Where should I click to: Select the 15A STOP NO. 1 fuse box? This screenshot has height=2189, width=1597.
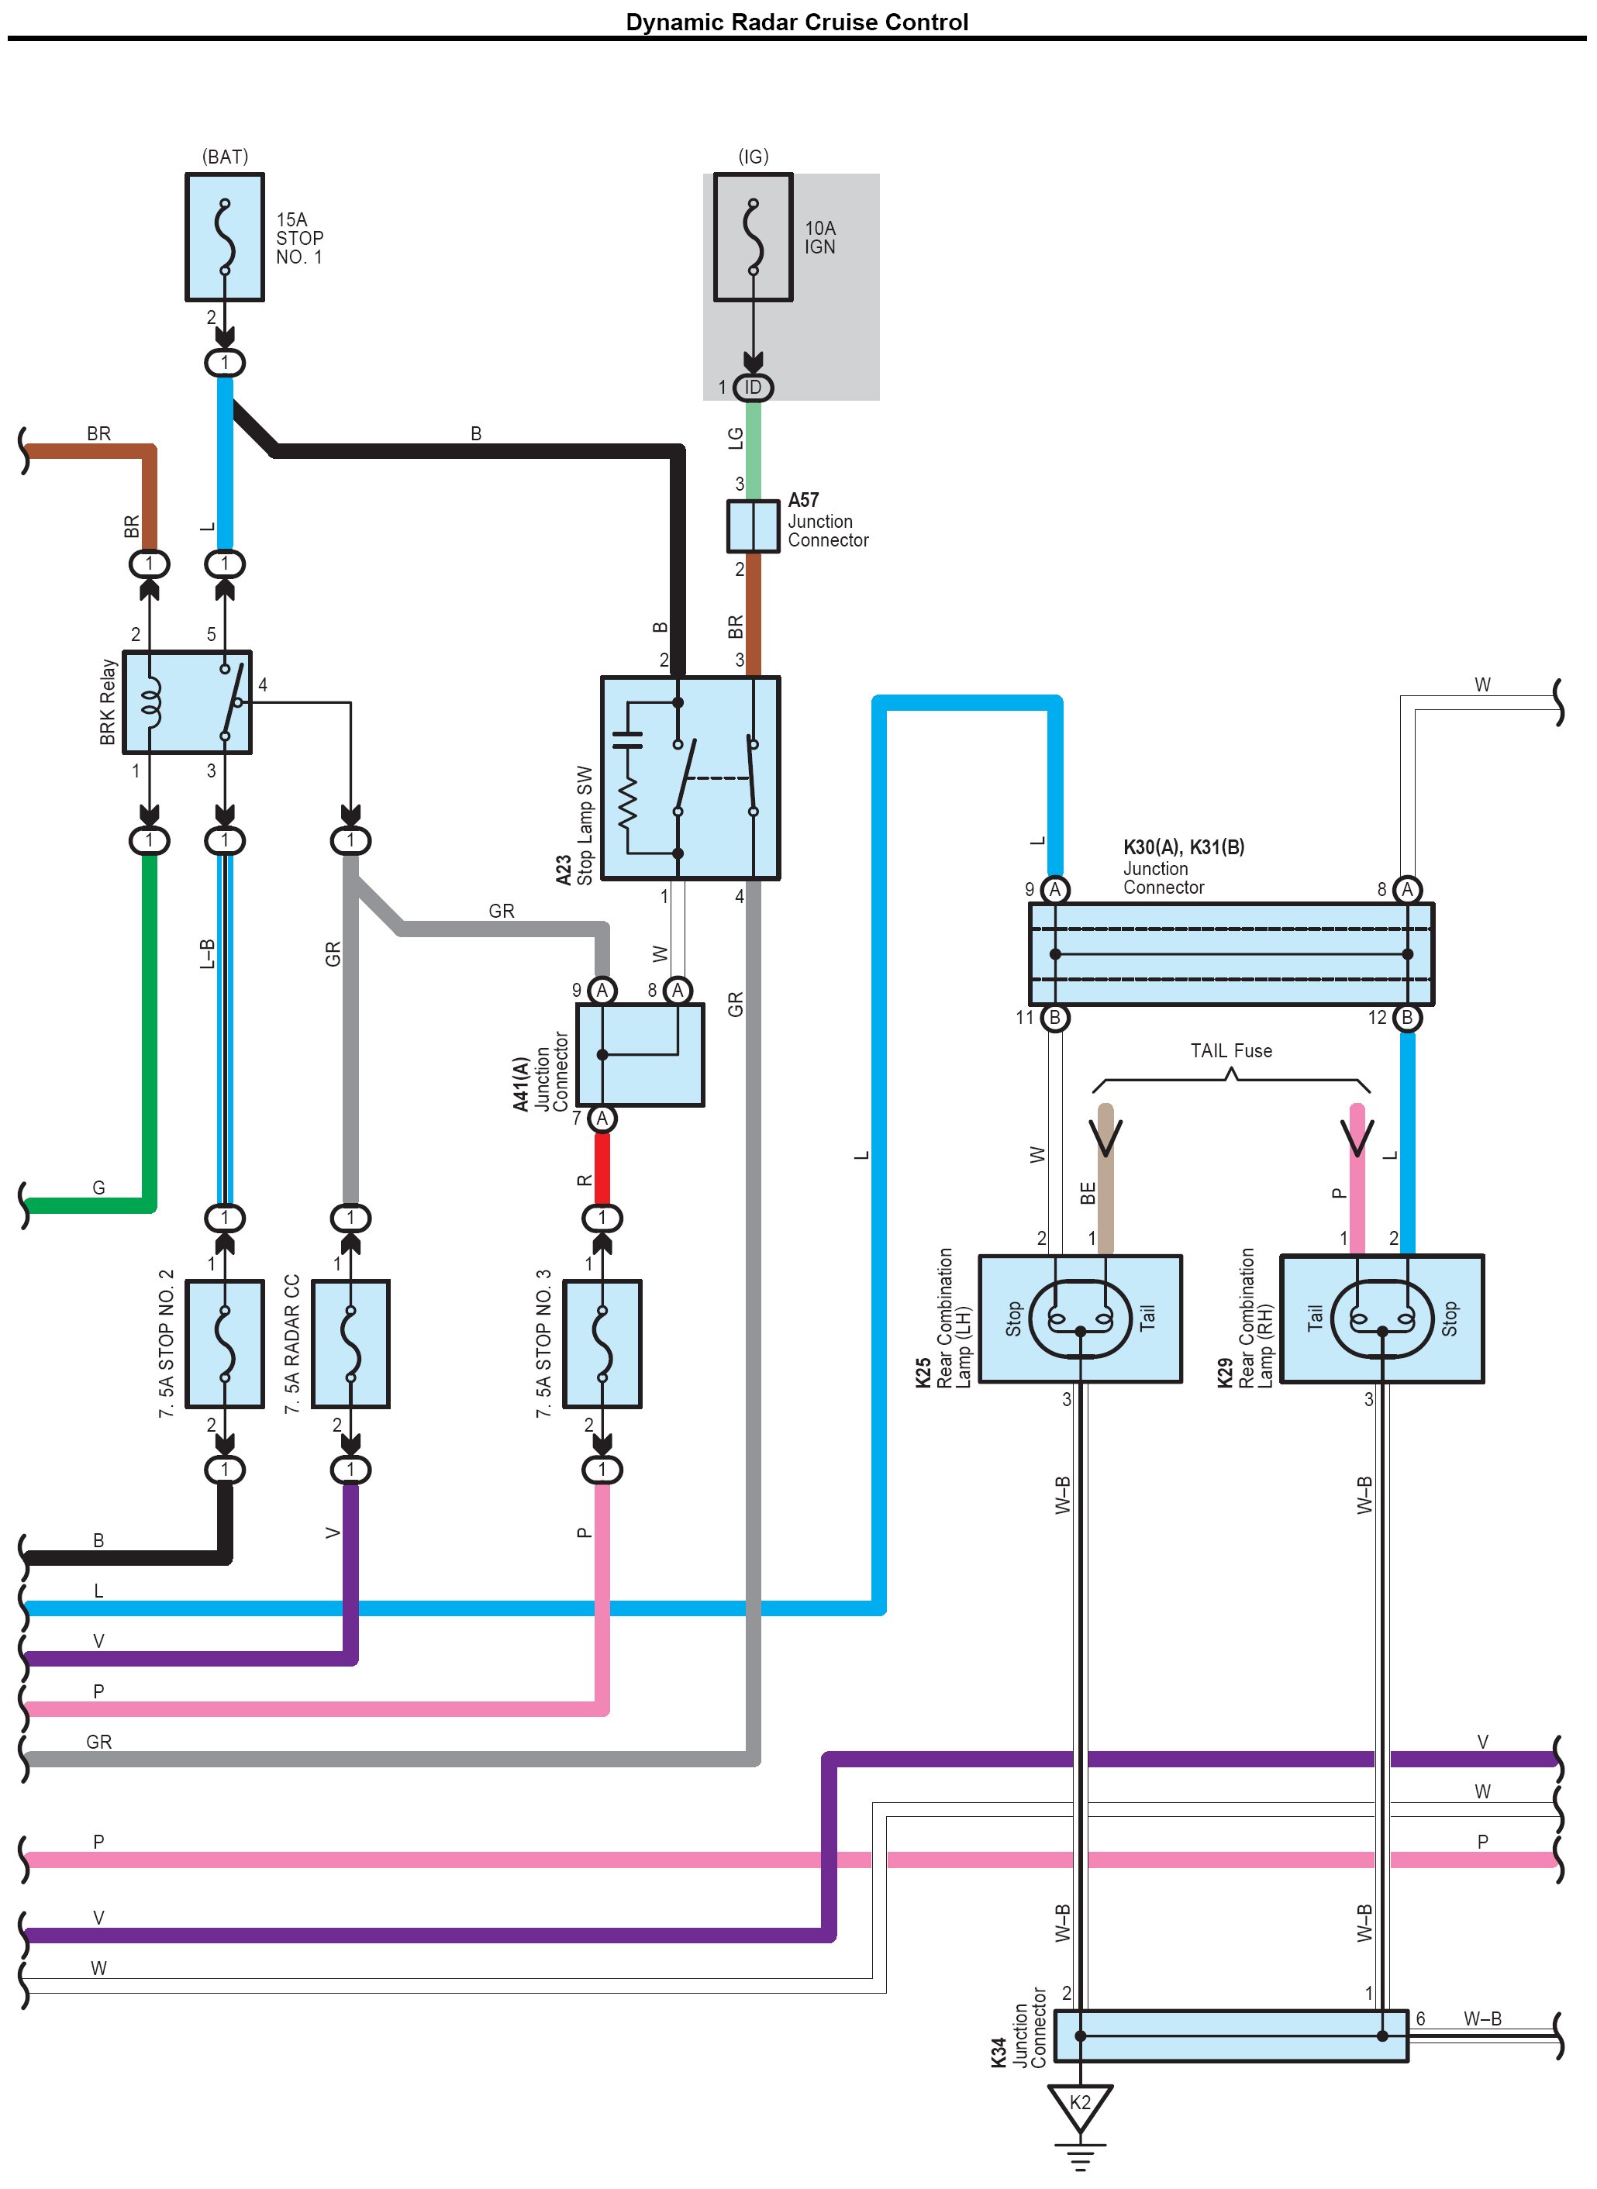click(224, 236)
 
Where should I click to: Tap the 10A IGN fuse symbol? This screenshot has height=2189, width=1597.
click(753, 236)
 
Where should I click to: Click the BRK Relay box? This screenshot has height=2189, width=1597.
click(187, 702)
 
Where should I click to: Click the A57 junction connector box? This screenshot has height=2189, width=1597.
click(753, 526)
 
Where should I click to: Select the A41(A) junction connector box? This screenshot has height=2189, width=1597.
click(640, 1054)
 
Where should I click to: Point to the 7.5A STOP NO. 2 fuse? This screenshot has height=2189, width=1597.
click(224, 1343)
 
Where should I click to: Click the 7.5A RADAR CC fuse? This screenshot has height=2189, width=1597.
click(350, 1343)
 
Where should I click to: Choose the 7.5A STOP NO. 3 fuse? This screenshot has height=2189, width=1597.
click(602, 1343)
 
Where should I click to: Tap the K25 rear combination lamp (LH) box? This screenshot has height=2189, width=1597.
click(1080, 1319)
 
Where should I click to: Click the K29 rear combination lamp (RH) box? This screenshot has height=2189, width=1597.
click(1381, 1319)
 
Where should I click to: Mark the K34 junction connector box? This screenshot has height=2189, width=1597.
click(1230, 2036)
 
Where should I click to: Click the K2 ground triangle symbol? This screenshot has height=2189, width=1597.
click(1080, 2103)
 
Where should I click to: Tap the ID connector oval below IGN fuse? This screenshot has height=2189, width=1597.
click(753, 388)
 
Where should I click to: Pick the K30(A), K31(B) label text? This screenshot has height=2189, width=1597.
click(1183, 846)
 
